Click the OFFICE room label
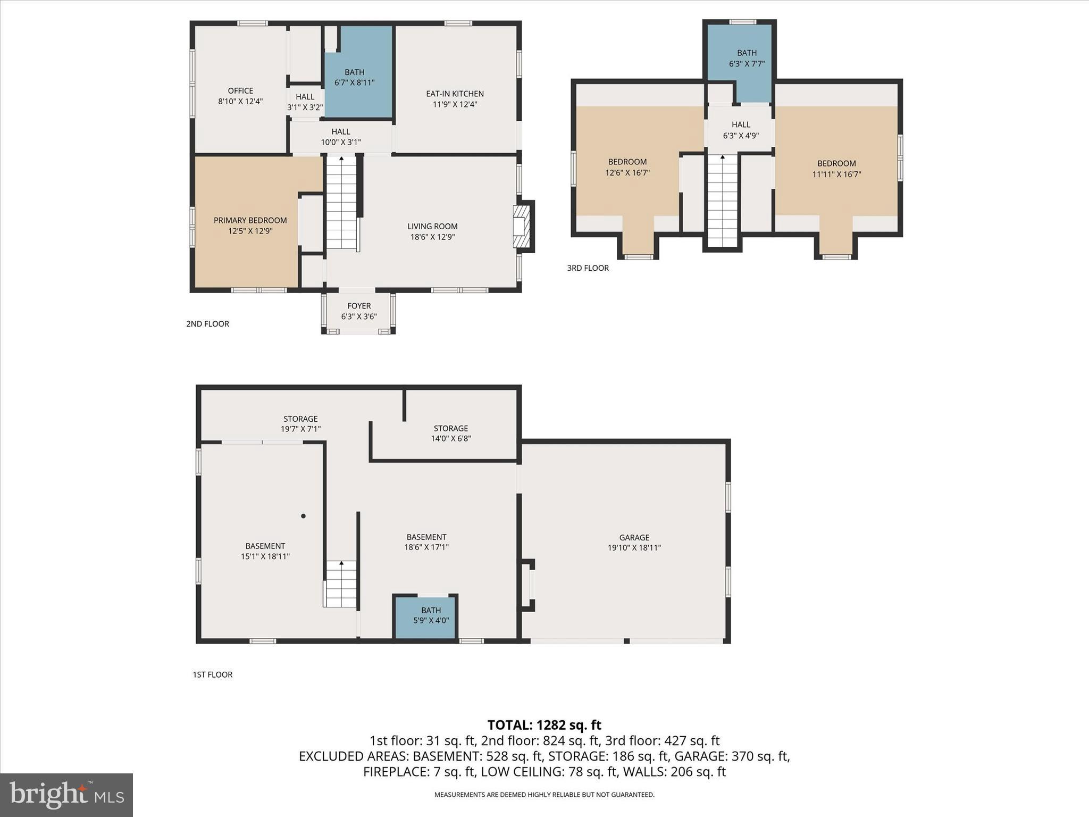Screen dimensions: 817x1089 240,91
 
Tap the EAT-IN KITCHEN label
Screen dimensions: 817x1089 455,94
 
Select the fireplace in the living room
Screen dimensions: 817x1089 522,227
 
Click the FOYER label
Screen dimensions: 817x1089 359,306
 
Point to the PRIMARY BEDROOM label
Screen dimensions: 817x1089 250,220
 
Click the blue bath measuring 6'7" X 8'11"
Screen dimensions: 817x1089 355,78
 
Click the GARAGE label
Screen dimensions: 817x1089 634,537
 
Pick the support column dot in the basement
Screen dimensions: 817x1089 304,516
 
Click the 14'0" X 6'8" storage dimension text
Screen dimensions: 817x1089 450,439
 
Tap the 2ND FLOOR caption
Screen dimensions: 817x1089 207,324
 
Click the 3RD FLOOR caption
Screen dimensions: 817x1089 588,268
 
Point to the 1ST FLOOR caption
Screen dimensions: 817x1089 212,674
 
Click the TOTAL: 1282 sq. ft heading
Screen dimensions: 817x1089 544,725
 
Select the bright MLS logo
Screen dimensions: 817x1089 66,795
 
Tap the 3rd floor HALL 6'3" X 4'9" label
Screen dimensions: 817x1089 740,130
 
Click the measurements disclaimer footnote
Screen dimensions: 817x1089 544,795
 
